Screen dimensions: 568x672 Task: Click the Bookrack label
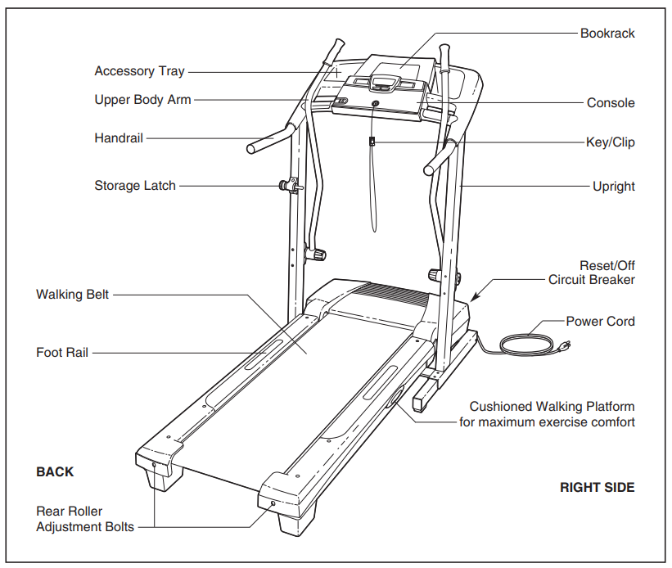(x=607, y=34)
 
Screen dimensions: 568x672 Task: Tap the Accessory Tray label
(x=139, y=71)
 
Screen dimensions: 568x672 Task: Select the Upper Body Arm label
(x=142, y=100)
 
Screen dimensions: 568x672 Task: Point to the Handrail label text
(x=119, y=138)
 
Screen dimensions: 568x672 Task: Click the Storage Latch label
(x=135, y=186)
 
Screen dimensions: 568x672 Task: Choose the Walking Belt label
(x=72, y=294)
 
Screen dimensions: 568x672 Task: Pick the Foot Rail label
(x=62, y=353)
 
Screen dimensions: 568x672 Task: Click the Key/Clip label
(x=610, y=142)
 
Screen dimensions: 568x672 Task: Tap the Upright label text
(x=613, y=187)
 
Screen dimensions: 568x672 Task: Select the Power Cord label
(x=600, y=322)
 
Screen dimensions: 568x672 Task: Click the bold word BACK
(x=55, y=472)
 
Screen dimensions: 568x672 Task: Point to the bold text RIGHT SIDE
(x=597, y=488)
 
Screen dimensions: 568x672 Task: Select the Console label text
(x=611, y=103)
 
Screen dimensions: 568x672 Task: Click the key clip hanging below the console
(x=372, y=142)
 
